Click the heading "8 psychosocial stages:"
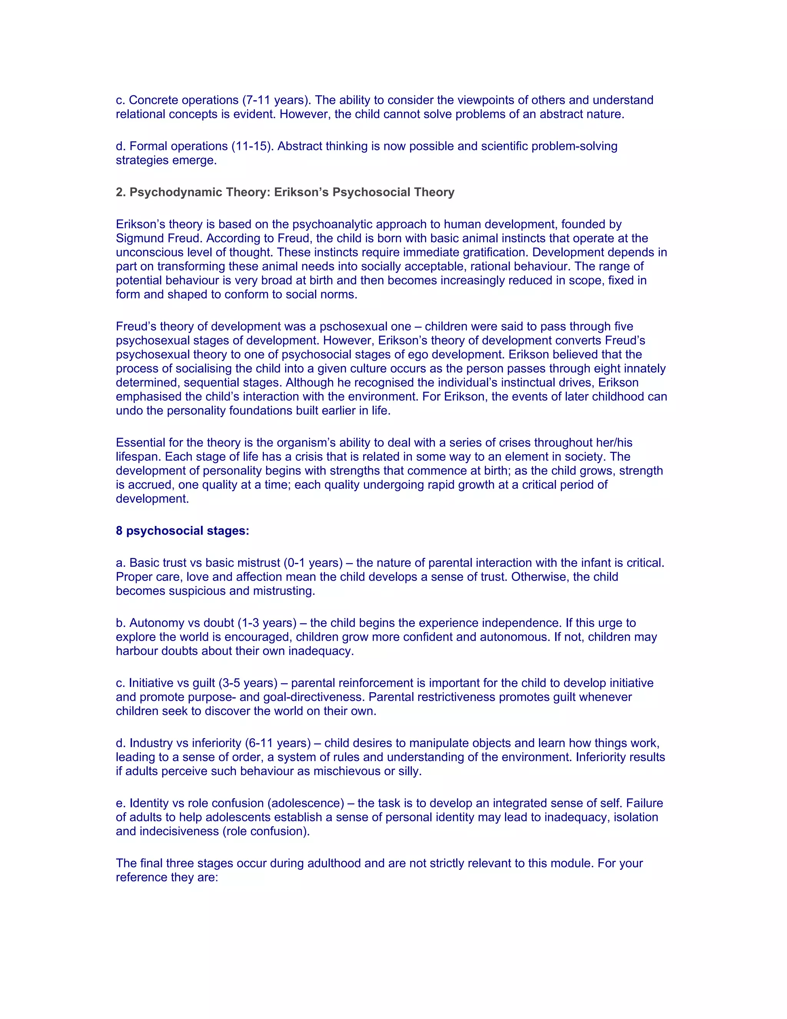pyautogui.click(x=182, y=531)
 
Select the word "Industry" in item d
pyautogui.click(x=149, y=744)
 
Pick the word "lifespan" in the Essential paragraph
pyautogui.click(x=138, y=457)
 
